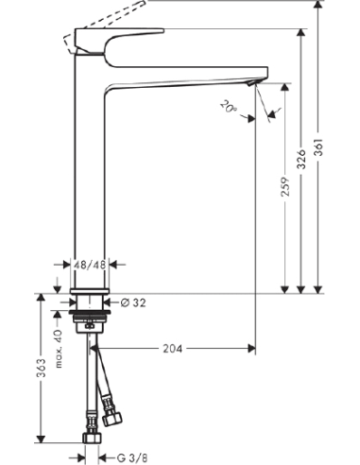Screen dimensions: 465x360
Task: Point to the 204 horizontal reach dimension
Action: click(171, 349)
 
